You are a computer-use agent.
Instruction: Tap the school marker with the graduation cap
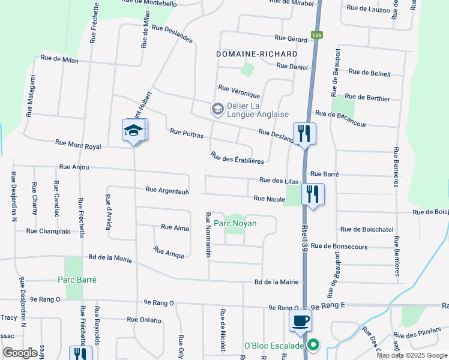tap(134, 131)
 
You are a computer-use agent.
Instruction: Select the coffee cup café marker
tap(300, 320)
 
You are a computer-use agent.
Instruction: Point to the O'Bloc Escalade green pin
tap(313, 346)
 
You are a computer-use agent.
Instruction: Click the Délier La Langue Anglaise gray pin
tap(217, 109)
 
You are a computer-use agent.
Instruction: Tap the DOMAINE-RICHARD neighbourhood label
tap(257, 54)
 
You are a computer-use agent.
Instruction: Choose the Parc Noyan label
tap(235, 224)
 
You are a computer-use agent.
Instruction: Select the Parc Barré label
tap(77, 280)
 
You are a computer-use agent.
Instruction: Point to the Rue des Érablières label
tap(238, 157)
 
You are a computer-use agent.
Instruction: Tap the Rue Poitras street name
tap(187, 132)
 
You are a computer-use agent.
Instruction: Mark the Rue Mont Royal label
tap(78, 145)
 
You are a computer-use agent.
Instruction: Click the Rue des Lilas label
tap(279, 180)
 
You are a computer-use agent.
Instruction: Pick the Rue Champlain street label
tap(49, 231)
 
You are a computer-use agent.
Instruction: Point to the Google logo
tap(20, 353)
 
